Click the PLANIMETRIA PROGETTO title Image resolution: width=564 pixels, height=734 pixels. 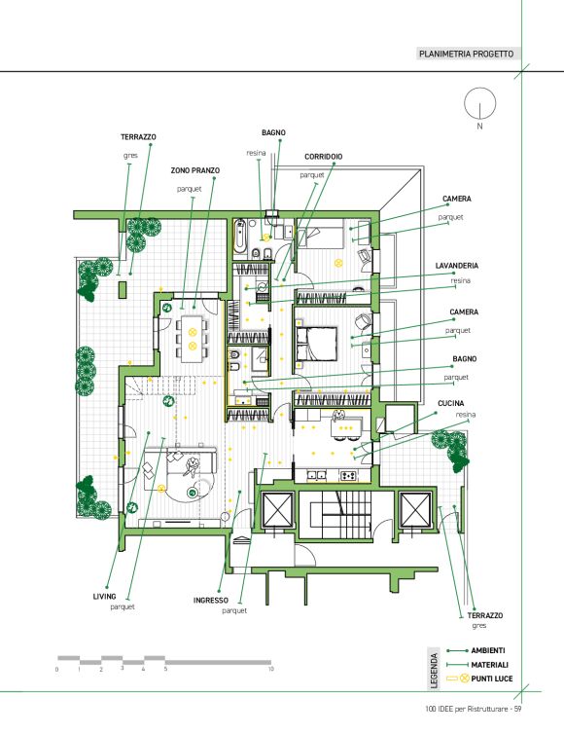click(x=466, y=54)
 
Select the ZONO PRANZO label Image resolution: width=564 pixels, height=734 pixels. click(x=195, y=171)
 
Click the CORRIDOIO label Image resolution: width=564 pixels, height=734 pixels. click(x=323, y=157)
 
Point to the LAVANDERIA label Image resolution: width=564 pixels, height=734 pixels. click(x=456, y=266)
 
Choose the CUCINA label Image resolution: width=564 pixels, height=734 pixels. click(x=451, y=404)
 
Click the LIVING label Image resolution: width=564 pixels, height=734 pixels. click(x=104, y=597)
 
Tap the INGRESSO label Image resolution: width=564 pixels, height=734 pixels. click(x=211, y=600)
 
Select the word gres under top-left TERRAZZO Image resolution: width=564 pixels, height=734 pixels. click(x=130, y=156)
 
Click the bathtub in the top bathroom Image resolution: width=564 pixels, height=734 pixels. click(x=240, y=236)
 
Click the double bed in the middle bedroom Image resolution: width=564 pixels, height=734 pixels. click(x=316, y=343)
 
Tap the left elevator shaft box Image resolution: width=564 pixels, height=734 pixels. click(x=278, y=509)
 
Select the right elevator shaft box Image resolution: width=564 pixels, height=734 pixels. click(x=415, y=509)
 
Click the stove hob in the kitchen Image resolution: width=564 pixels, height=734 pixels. click(x=348, y=476)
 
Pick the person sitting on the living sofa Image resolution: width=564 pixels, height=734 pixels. click(x=192, y=465)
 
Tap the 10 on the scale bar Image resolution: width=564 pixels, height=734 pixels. click(x=270, y=670)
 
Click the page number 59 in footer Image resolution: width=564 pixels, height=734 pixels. click(x=517, y=709)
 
